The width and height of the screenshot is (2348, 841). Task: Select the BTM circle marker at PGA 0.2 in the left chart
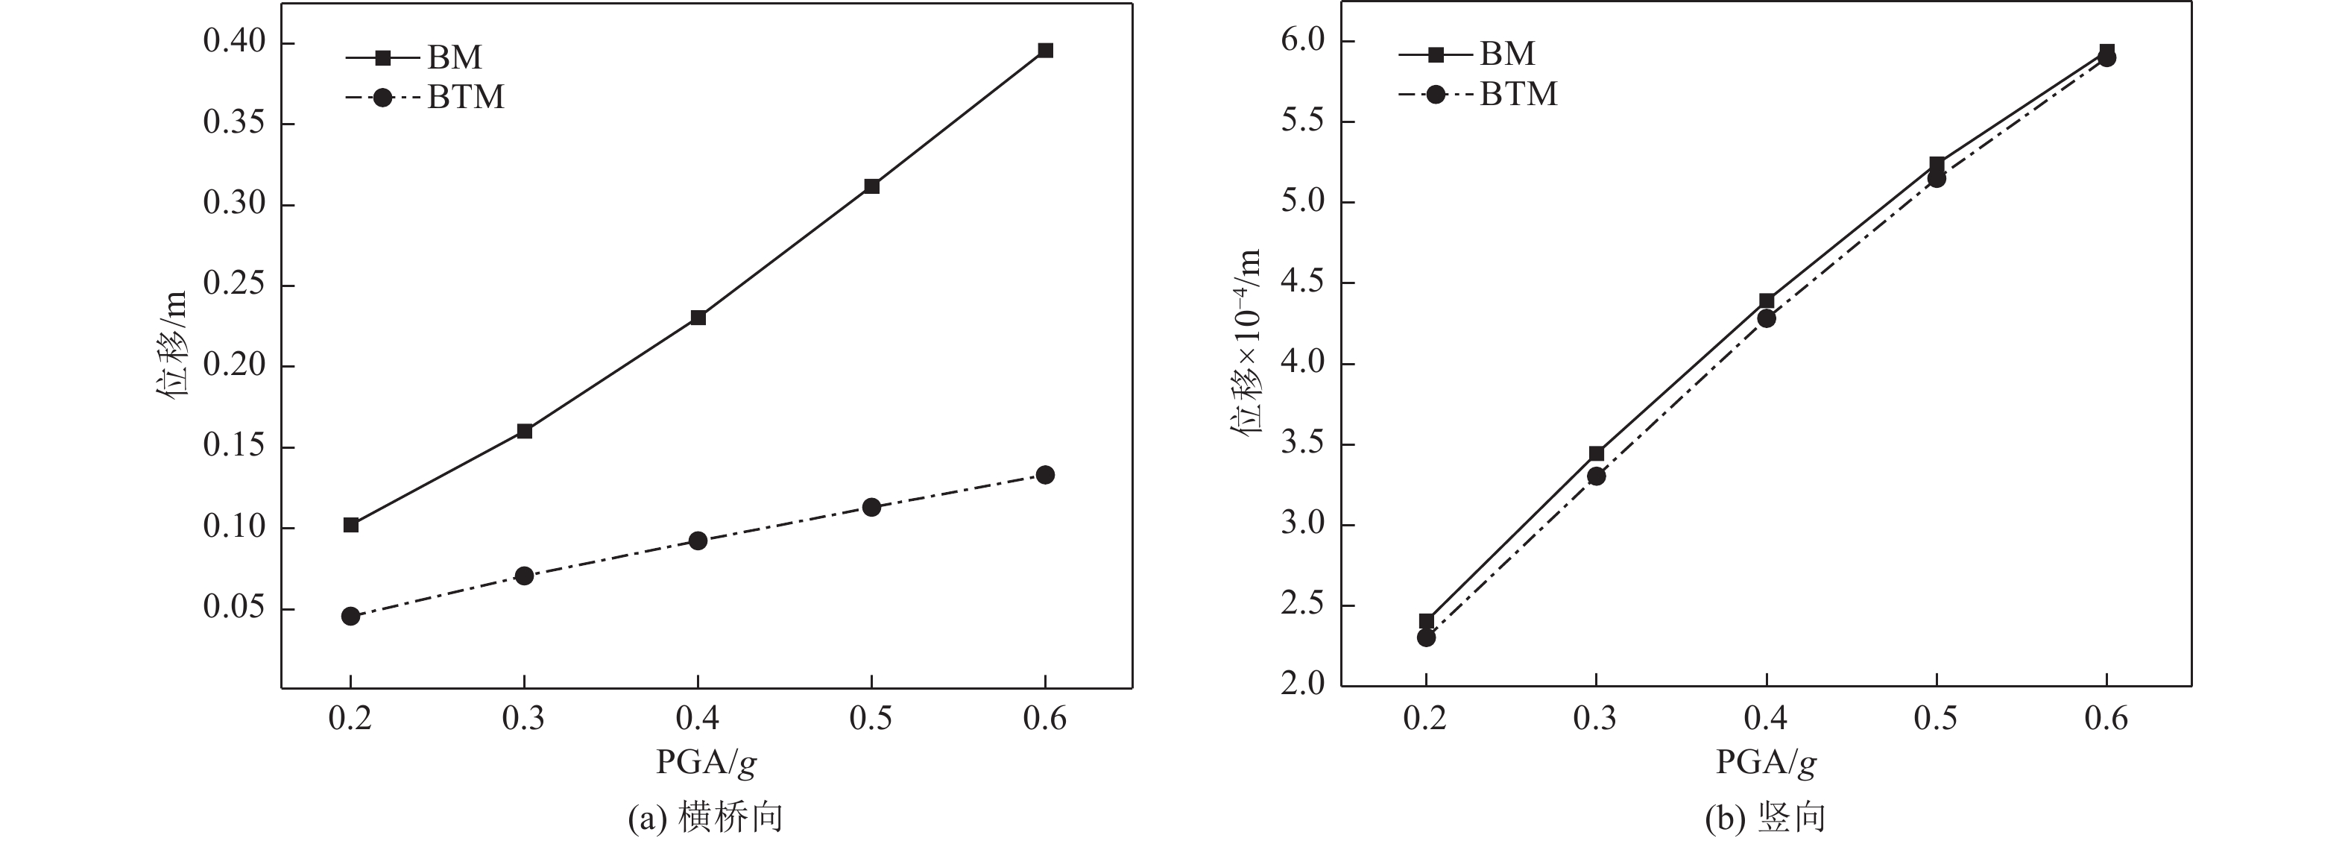click(351, 617)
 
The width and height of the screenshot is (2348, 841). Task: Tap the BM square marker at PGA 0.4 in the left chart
click(698, 318)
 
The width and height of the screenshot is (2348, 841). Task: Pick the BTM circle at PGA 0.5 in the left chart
click(871, 507)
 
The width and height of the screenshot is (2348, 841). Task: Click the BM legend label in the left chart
click(455, 57)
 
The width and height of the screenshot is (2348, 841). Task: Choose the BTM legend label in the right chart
click(1518, 94)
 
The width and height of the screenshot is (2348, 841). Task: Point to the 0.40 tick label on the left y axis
click(234, 42)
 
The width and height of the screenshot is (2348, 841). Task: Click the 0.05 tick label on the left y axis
click(234, 608)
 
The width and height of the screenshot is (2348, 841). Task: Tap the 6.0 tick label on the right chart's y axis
click(1304, 41)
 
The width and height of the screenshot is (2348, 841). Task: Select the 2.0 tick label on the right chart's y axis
click(1304, 685)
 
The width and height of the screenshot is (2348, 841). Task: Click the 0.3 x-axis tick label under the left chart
click(524, 719)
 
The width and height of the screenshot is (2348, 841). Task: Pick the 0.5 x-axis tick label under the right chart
click(1936, 719)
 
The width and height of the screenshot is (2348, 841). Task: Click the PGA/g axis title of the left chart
click(707, 763)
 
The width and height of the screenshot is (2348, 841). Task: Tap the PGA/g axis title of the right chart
click(1767, 763)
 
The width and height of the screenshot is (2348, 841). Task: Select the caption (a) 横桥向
click(707, 817)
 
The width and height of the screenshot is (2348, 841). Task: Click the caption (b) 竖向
click(1767, 817)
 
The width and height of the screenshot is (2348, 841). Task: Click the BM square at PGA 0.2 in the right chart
click(1427, 622)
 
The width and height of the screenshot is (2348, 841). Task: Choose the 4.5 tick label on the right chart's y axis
click(1304, 283)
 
